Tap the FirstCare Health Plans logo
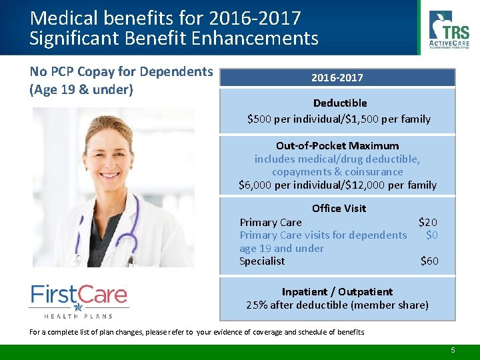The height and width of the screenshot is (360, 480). pos(79,300)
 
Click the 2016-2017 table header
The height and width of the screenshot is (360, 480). pos(337,78)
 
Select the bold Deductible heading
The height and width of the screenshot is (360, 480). pos(340,103)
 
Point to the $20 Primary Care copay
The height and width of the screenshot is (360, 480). pos(428,222)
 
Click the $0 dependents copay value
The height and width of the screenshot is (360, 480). pos(432,235)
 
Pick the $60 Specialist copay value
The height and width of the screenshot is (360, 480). pos(429,261)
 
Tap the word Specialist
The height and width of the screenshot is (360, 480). pos(262,261)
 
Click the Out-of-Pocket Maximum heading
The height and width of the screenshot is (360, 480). pos(337,145)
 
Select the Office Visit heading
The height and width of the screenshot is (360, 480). pos(339,208)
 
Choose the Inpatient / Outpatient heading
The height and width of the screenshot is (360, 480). pos(337,291)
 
